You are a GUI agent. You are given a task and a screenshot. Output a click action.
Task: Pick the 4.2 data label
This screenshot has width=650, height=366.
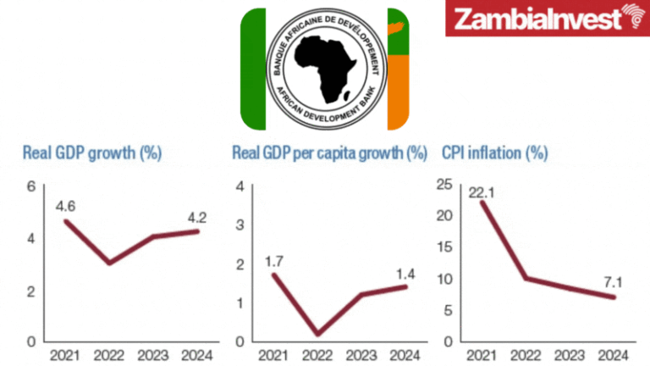click(x=196, y=217)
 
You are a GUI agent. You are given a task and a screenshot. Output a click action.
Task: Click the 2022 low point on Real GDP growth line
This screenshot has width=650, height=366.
click(x=108, y=263)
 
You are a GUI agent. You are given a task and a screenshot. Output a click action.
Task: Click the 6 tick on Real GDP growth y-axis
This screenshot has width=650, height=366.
click(x=30, y=186)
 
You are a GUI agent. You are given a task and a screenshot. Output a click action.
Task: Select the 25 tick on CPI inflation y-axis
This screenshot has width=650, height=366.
click(x=442, y=185)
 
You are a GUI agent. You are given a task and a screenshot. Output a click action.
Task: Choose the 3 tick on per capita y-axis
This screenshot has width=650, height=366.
click(x=240, y=225)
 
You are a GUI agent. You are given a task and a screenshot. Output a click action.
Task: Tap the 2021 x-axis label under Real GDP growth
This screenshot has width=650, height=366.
click(x=65, y=355)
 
